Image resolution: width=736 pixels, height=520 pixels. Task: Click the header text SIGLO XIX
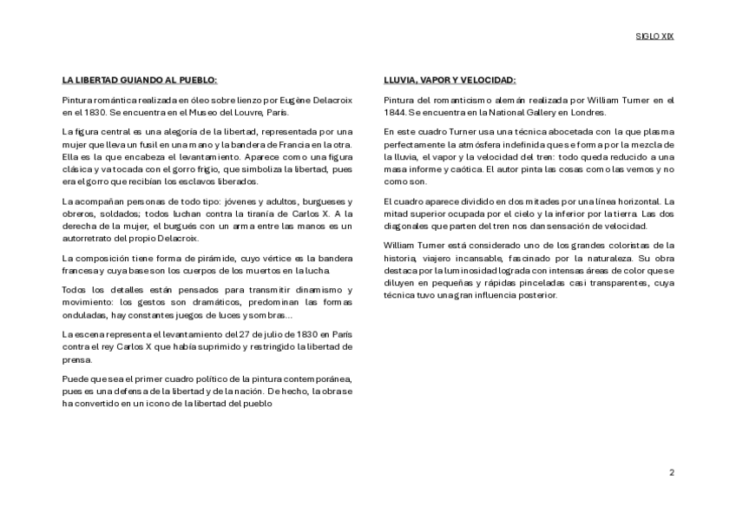(x=654, y=37)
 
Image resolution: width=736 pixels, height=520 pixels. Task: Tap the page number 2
(x=671, y=472)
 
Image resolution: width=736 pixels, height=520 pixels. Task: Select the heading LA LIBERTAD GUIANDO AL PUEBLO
(x=140, y=80)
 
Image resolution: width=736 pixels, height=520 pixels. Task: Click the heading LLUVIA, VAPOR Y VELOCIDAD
(x=450, y=80)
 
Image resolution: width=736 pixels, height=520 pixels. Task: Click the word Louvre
(x=240, y=112)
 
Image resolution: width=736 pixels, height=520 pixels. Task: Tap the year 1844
(x=395, y=112)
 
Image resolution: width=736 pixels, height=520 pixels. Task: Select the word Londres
(x=588, y=112)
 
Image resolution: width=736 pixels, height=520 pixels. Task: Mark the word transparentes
(x=619, y=283)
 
